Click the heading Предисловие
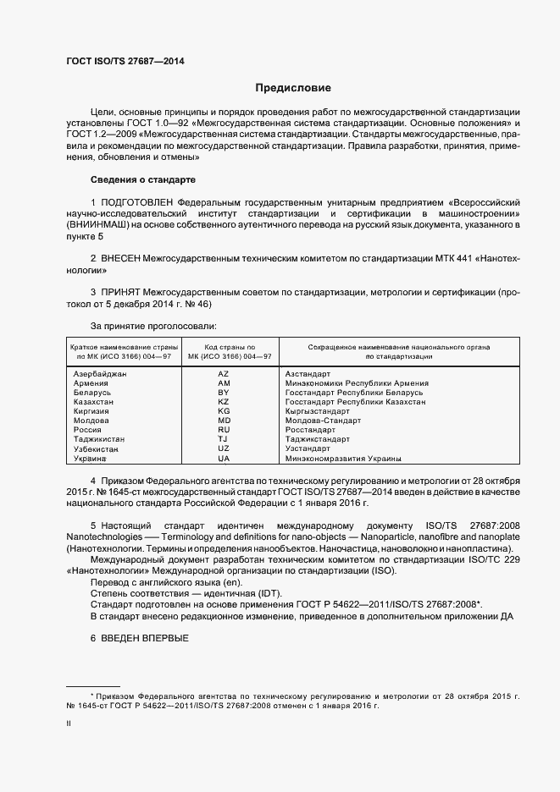(x=293, y=88)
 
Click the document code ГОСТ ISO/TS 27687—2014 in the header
(x=125, y=61)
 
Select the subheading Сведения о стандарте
(x=142, y=180)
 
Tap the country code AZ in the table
(x=224, y=373)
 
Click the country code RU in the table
(x=224, y=430)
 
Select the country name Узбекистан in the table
(x=98, y=448)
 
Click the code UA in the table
(x=224, y=458)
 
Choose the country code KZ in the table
(x=224, y=402)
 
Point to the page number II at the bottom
(x=69, y=723)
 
